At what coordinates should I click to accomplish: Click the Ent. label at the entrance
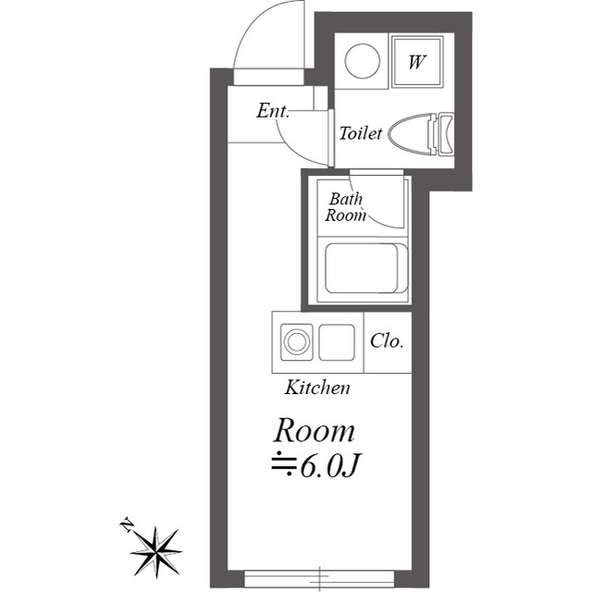(x=273, y=111)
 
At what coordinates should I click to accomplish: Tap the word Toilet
(x=360, y=133)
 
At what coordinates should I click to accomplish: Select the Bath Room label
(x=345, y=207)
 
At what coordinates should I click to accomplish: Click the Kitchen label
(x=317, y=388)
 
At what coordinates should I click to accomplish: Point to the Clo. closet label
(x=387, y=341)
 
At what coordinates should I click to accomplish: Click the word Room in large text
(x=314, y=430)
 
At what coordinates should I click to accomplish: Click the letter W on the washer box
(x=417, y=62)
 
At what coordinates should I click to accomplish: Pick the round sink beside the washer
(x=362, y=61)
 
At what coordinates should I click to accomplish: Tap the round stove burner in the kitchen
(x=297, y=341)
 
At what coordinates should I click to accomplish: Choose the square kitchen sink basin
(x=337, y=342)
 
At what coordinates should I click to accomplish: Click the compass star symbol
(x=156, y=552)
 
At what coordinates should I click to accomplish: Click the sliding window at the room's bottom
(x=319, y=577)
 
